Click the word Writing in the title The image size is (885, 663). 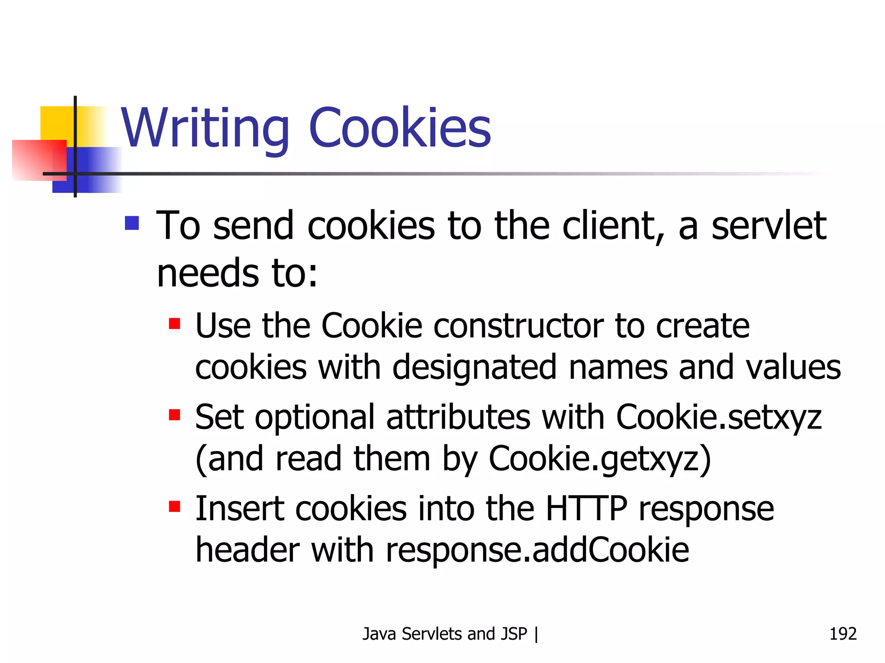point(205,128)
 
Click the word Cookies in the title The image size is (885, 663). point(400,128)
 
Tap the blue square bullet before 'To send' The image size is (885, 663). point(132,223)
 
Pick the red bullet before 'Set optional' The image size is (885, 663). point(175,415)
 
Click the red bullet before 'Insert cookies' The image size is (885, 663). point(175,506)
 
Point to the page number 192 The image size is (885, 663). point(843,634)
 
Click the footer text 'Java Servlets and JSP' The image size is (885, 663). point(445,634)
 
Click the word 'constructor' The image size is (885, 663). point(519,326)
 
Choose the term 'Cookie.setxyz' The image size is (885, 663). point(719,418)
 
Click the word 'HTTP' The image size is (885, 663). point(586,508)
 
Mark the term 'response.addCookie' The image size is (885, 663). point(537,550)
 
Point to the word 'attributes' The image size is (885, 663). point(458,418)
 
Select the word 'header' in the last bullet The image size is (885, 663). point(247,550)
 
